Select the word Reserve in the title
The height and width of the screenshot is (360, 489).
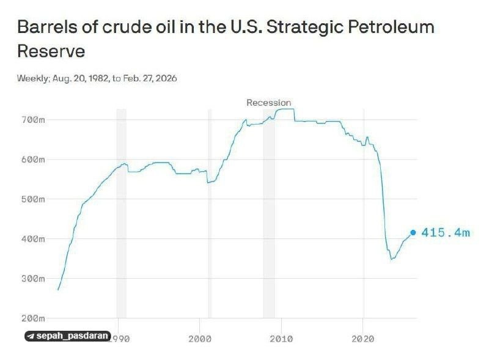point(51,51)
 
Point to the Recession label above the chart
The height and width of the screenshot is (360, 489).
point(269,103)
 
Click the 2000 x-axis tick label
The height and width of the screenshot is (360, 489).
point(200,337)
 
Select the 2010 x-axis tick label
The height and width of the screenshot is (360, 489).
point(281,337)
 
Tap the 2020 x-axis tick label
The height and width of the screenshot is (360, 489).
point(363,337)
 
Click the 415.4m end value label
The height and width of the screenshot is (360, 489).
point(446,233)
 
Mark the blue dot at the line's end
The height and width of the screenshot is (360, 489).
point(413,233)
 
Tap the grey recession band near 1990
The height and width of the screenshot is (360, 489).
point(121,214)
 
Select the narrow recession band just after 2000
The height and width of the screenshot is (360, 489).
point(210,214)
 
